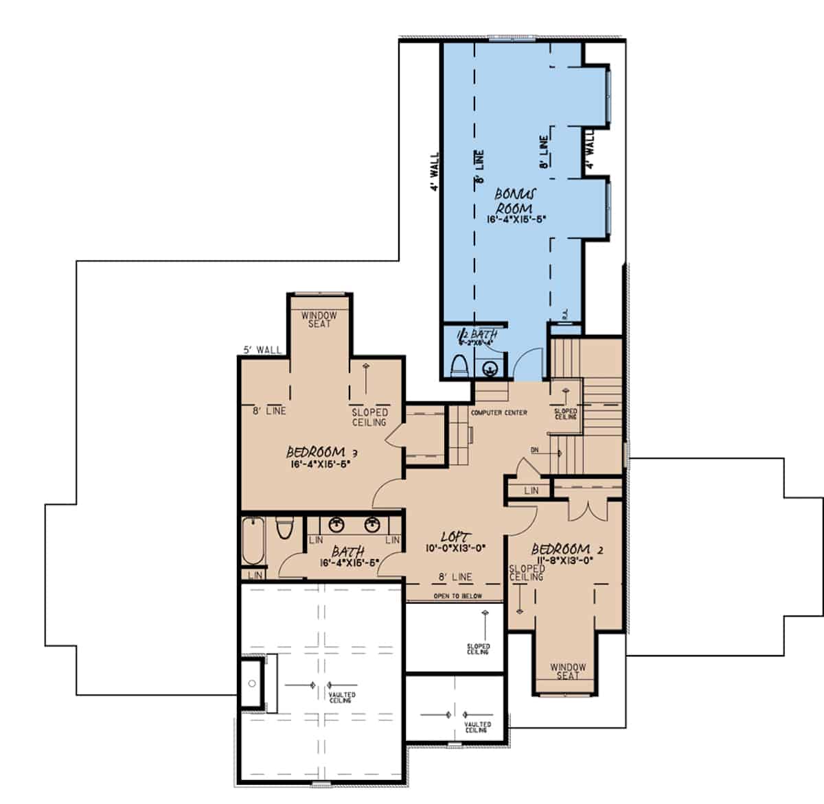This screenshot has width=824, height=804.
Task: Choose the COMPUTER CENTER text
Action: tap(499, 413)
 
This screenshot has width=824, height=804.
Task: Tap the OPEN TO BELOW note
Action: tap(457, 596)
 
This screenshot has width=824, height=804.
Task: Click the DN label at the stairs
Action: tap(534, 450)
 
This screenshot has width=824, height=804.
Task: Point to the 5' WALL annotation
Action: tap(262, 350)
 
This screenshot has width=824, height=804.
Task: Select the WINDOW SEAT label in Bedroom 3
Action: tap(319, 320)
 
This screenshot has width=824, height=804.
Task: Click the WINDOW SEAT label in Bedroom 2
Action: tap(568, 671)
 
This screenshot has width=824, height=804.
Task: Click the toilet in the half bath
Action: tap(458, 366)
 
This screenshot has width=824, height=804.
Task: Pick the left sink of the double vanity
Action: tap(336, 525)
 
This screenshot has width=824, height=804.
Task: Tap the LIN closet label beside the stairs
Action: tap(531, 490)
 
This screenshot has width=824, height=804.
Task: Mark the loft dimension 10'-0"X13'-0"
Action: tap(456, 547)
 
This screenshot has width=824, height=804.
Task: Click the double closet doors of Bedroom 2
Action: tap(588, 510)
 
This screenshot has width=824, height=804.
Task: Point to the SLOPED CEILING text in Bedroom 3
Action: tap(369, 417)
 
